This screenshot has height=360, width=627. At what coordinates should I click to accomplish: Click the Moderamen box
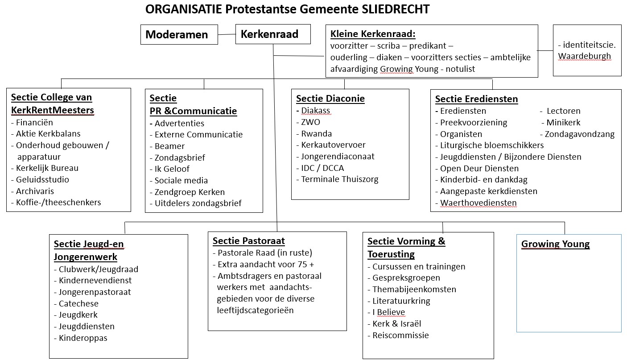coord(177,35)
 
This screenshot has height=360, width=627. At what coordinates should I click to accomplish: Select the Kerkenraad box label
coord(269,34)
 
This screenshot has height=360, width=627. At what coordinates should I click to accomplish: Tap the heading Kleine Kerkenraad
coord(373,34)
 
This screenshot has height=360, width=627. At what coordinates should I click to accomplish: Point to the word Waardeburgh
coord(584,56)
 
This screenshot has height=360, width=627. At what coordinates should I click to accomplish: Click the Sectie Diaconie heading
coord(330,99)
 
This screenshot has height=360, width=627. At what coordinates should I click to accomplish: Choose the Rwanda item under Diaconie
coord(316,133)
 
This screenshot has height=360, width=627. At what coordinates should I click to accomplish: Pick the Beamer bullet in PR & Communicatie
coord(169,146)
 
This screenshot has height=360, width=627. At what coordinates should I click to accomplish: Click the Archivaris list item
coord(35,191)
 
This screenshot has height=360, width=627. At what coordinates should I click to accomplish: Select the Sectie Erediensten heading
coord(476,99)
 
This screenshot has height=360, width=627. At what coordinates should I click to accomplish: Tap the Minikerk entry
coord(563,122)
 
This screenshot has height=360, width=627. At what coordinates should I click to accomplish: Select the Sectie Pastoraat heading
coord(248,241)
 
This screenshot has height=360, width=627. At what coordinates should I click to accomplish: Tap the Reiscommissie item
coord(400,335)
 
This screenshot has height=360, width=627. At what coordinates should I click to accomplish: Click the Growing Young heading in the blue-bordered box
coord(555,244)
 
